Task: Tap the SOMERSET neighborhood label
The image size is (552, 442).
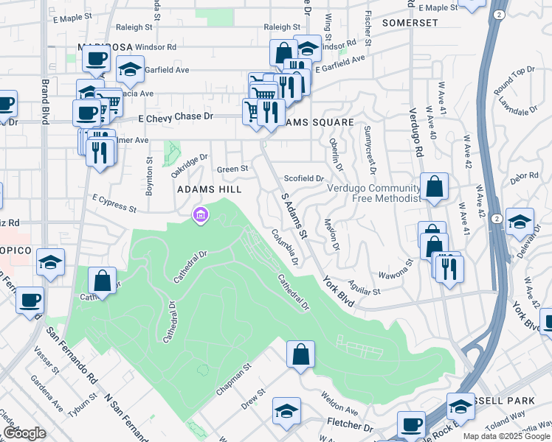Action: [410, 23]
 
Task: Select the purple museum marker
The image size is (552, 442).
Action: [199, 215]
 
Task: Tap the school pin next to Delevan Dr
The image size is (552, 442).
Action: [520, 221]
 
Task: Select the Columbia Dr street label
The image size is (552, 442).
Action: [283, 247]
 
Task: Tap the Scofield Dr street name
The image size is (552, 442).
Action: [304, 178]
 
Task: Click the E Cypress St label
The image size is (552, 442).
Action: [114, 203]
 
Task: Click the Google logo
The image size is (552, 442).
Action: [24, 433]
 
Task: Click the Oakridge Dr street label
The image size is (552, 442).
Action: [190, 161]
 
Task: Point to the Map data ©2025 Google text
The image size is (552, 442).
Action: [506, 436]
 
